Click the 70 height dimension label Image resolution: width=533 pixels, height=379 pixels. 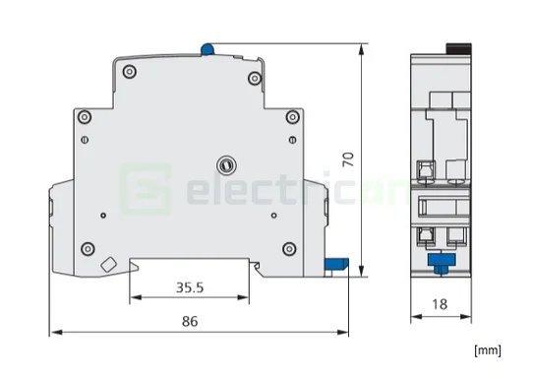348,159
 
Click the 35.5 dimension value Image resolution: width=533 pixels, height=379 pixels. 190,287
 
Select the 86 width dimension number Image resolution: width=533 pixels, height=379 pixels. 190,321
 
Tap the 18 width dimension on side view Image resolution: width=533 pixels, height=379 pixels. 440,304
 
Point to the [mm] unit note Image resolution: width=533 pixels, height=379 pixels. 488,350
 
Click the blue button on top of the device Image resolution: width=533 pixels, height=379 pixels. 207,49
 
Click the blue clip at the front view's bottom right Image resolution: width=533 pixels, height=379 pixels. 336,264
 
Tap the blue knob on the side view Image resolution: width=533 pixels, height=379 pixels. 442,261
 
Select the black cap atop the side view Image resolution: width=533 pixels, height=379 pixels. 459,48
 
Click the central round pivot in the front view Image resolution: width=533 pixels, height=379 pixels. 226,165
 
